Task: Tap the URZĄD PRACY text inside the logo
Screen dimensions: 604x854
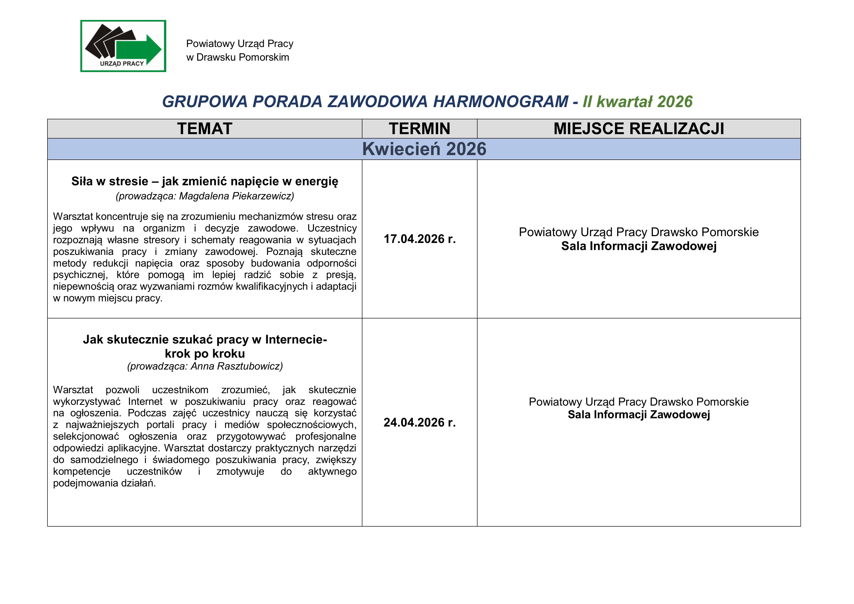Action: coord(122,64)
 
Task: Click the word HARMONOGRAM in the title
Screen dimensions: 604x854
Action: coord(501,102)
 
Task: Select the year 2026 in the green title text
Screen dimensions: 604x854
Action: coord(675,102)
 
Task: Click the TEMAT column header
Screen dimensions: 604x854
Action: coord(205,129)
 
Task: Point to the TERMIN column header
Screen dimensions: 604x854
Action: coord(420,129)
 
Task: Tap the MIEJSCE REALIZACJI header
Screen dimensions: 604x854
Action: coord(639,129)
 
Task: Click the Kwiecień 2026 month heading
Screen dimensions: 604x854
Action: coord(424,149)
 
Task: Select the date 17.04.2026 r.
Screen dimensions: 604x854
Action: coord(420,239)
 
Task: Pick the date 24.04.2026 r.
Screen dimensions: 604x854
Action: coord(420,422)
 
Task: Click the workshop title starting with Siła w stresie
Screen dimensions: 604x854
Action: coord(205,181)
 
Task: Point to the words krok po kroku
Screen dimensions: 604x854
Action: coord(205,353)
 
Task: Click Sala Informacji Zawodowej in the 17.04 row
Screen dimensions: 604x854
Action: coord(639,246)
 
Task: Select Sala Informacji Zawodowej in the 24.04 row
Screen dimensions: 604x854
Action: coord(639,415)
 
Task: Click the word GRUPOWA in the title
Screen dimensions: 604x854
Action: coord(205,102)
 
